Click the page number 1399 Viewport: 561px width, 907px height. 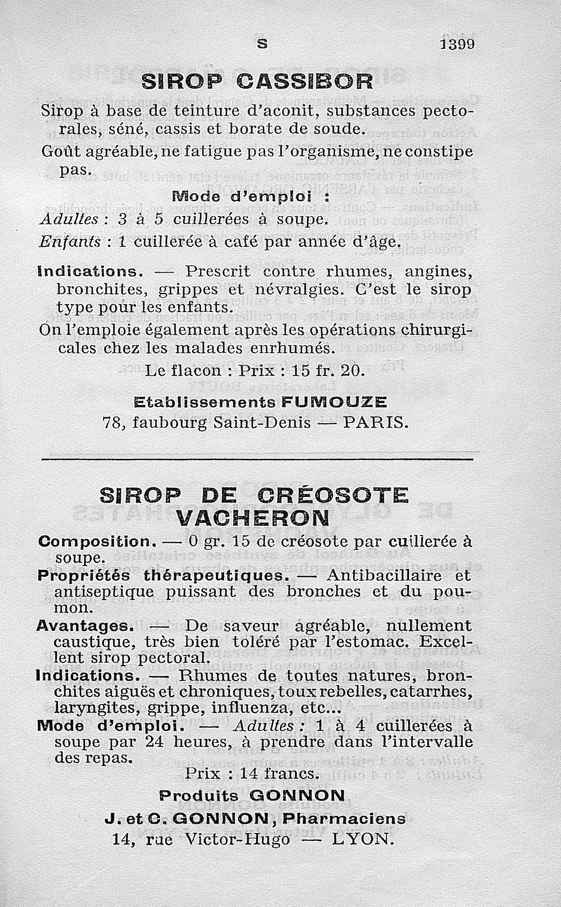(457, 43)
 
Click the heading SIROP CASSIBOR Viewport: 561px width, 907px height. (257, 81)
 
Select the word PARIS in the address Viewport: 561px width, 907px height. (376, 422)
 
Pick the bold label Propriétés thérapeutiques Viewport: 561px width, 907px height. (162, 575)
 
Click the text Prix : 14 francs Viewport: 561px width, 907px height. (252, 775)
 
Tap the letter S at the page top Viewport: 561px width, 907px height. (262, 43)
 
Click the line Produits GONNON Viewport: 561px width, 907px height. (252, 796)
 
